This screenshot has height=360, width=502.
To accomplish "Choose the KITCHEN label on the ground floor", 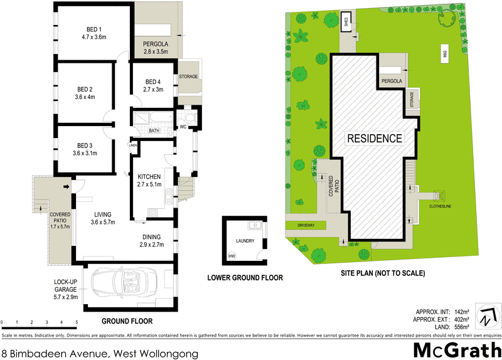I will (x=149, y=177).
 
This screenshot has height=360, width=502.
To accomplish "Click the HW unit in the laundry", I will (x=232, y=256).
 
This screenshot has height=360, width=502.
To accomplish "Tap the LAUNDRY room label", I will (x=245, y=241).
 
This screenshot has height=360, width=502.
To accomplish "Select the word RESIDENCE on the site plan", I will (x=374, y=138).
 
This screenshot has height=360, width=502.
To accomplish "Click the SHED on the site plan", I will (x=345, y=23).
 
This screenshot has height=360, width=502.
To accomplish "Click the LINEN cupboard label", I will (x=132, y=146).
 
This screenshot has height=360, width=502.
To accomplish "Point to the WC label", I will (x=183, y=127).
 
